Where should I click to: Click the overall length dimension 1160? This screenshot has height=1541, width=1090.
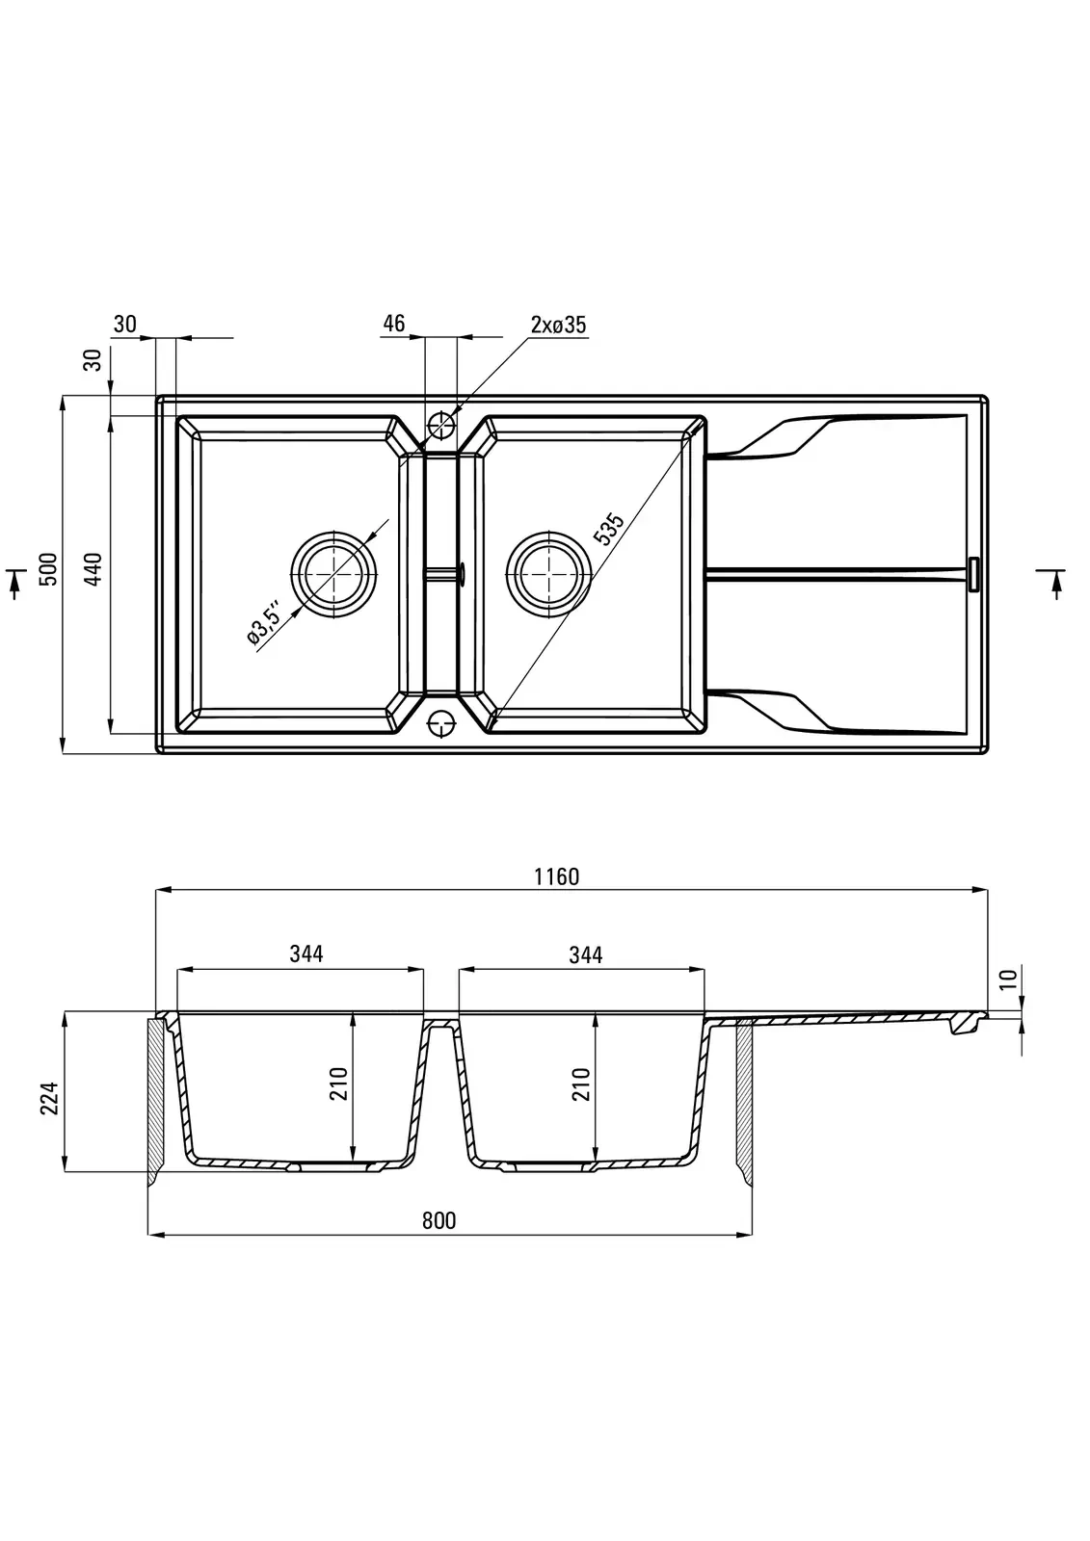(557, 876)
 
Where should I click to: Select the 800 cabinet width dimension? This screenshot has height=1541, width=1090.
(439, 1220)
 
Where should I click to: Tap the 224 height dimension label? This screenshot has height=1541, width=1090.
(50, 1098)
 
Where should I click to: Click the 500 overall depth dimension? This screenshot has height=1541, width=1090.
(49, 569)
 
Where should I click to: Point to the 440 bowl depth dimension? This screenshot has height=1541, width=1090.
(93, 569)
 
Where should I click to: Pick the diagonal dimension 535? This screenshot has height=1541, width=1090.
(609, 530)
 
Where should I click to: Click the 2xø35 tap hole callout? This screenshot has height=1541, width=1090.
(558, 325)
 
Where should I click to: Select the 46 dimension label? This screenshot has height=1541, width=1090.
(393, 323)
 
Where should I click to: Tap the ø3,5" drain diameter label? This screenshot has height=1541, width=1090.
(263, 621)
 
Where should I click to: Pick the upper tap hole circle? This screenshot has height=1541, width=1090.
(441, 423)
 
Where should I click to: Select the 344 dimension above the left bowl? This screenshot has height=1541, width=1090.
(306, 953)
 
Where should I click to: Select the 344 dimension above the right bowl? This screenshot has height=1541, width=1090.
(585, 953)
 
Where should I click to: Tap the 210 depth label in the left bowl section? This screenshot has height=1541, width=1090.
(339, 1085)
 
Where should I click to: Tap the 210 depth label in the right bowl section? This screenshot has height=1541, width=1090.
(580, 1085)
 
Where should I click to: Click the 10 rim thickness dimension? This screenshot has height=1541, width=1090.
(1009, 980)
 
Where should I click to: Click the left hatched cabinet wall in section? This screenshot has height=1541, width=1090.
(155, 1098)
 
